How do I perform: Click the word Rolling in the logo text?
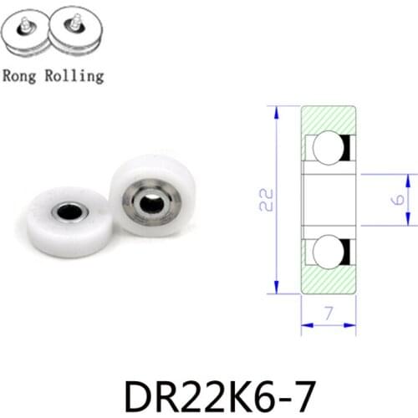(x=75, y=76)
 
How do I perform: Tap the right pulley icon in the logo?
(x=77, y=34)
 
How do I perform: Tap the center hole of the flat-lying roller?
(x=69, y=212)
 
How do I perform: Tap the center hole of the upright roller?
(x=151, y=202)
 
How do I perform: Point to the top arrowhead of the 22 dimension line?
(x=276, y=110)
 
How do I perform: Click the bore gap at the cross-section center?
(x=329, y=200)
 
